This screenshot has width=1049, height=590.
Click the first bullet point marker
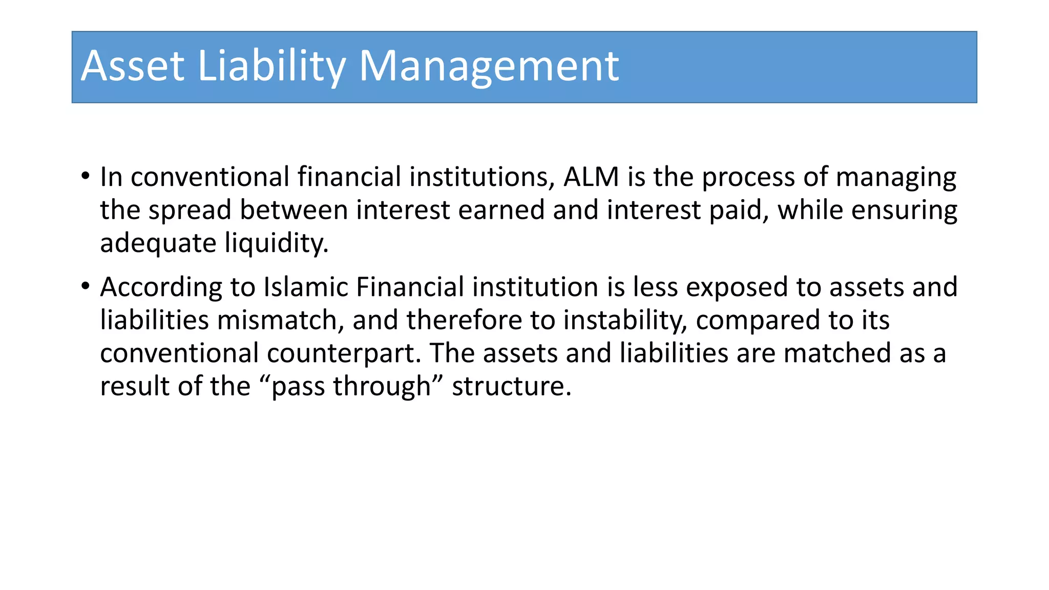(85, 176)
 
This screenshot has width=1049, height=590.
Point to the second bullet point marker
(85, 286)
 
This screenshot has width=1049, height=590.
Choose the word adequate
(158, 243)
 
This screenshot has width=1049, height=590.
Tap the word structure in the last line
(511, 386)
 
